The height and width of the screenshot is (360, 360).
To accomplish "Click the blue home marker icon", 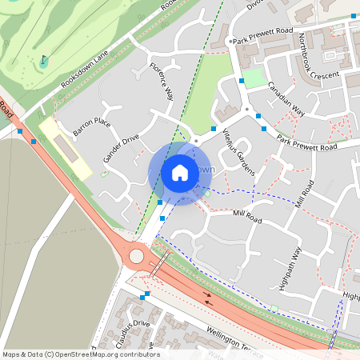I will coord(180,172).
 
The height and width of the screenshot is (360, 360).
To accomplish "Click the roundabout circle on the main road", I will coord(137,257).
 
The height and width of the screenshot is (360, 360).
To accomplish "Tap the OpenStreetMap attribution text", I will coord(81,354).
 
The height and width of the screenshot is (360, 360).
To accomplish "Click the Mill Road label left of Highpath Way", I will coord(247,217).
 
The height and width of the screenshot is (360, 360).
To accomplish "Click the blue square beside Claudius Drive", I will coord(144,297).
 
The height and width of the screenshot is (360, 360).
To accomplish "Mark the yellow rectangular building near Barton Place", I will coord(64,147).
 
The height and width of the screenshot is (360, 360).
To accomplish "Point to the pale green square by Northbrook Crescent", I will coord(253,78).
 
